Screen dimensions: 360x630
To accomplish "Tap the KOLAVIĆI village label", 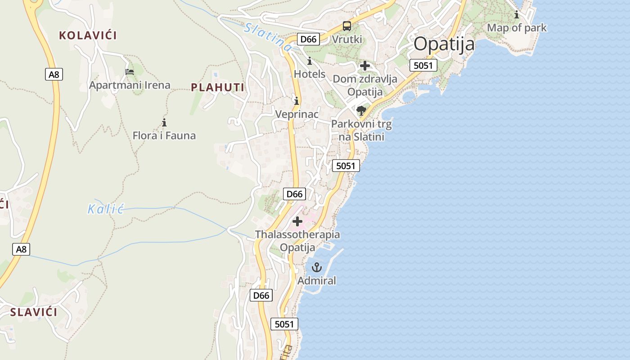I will (88, 36).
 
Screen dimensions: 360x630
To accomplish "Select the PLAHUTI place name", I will (218, 87).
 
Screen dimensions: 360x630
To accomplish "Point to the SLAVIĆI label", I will (34, 312).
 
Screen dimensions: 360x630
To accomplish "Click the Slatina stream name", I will (268, 36).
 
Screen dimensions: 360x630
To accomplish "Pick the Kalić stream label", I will (106, 209).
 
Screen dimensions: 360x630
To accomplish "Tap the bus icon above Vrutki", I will (346, 26).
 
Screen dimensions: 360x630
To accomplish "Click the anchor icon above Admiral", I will (317, 267).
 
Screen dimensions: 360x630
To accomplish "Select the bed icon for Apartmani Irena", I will (130, 72).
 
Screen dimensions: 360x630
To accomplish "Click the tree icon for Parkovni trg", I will (361, 110).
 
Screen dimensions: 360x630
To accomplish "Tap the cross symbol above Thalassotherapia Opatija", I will (297, 221).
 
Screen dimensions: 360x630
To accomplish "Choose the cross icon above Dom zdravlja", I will (365, 66).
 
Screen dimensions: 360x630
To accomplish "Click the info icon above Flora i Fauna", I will (164, 122).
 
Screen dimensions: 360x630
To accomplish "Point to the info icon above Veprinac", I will (296, 100).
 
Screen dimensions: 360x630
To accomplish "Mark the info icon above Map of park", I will (517, 15).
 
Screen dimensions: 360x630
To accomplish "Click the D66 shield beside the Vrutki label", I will (308, 39).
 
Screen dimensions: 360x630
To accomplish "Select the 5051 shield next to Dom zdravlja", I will (423, 66).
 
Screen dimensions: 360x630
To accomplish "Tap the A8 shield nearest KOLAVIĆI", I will (54, 74).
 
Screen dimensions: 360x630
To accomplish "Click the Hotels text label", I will (310, 74).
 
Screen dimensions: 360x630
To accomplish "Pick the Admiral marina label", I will (317, 281).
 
